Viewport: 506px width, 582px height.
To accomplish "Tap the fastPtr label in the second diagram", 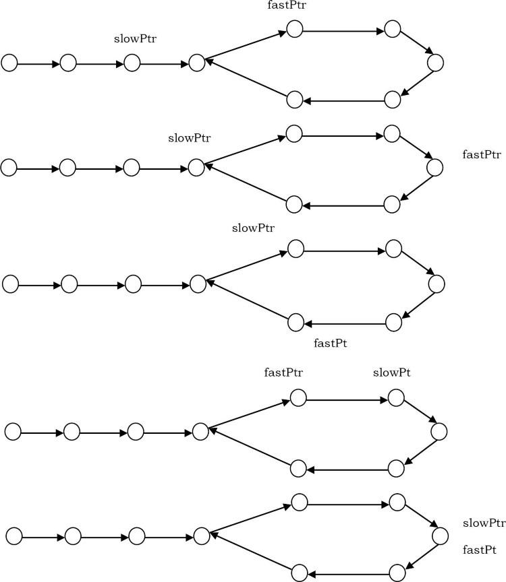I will coord(482,155).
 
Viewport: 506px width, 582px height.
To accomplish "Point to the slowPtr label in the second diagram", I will coord(190,139).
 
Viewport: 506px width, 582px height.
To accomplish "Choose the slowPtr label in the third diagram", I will coord(253,228).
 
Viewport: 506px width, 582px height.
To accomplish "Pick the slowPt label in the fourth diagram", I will coord(392,373).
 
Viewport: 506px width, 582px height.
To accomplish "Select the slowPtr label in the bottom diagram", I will coord(484,523).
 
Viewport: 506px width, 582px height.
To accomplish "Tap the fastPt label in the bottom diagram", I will coord(481,550).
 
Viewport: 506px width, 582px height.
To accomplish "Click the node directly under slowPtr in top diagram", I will coord(132,63).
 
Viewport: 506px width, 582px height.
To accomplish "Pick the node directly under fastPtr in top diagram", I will coord(294,29).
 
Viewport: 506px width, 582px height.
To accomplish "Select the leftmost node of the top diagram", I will coord(9,63).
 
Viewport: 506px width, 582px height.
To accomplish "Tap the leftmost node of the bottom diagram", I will coord(14,536).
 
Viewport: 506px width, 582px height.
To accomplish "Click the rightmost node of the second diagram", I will coord(434,167).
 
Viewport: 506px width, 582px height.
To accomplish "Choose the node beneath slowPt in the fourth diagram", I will coord(395,397).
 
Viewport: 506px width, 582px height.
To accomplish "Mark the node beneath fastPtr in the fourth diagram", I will coord(298,397).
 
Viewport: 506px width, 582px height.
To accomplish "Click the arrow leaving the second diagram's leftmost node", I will coord(38,168).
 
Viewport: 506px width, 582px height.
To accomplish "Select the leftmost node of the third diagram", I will coord(11,284).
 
